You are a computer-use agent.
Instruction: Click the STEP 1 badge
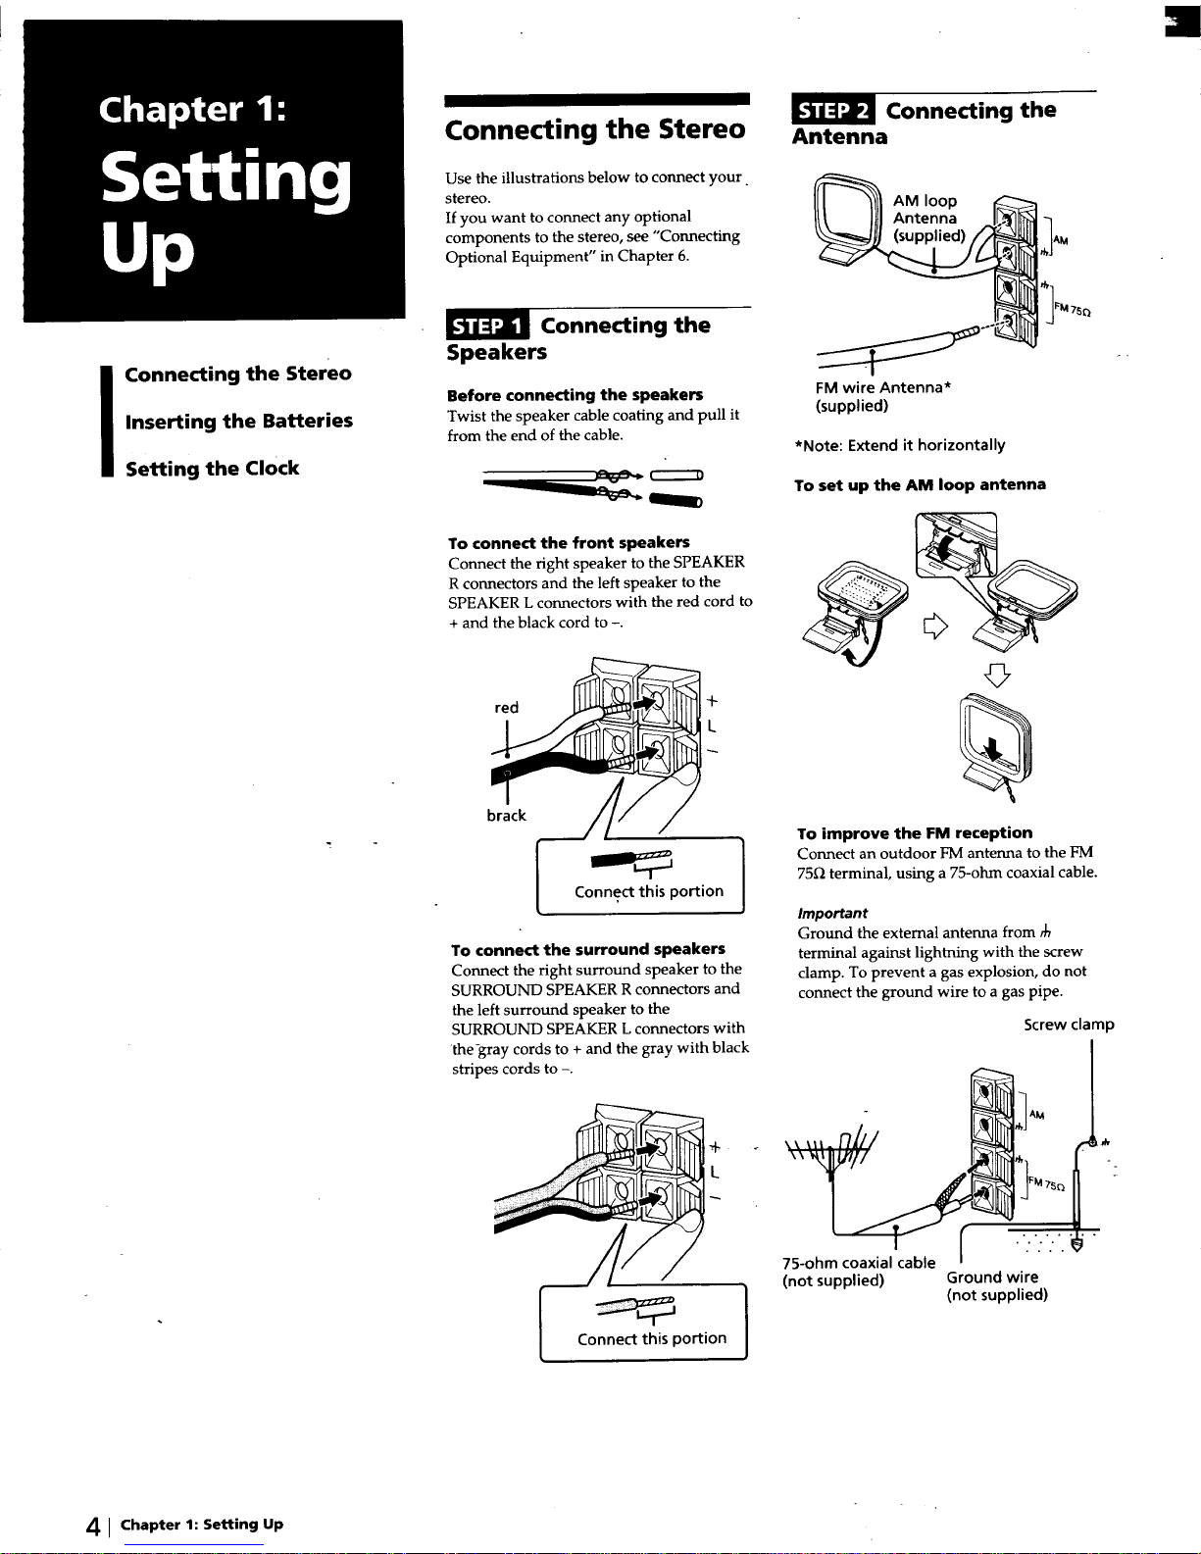click(x=487, y=326)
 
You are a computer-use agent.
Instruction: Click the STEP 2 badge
click(x=833, y=110)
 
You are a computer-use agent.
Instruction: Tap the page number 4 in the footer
click(x=93, y=1527)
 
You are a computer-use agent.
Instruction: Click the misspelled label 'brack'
click(x=506, y=816)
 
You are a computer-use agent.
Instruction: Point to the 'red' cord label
click(x=506, y=707)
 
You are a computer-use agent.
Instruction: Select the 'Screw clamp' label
click(x=1069, y=1025)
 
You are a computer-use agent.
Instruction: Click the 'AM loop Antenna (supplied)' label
click(x=928, y=218)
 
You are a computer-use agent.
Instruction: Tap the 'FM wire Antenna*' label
click(x=883, y=387)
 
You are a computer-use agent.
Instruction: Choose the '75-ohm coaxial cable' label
click(x=859, y=1262)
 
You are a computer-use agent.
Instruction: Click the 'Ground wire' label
click(x=992, y=1277)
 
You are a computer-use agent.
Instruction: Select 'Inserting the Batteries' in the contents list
click(x=239, y=421)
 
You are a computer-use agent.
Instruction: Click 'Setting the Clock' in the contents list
click(x=213, y=469)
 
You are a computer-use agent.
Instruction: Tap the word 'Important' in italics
click(x=832, y=913)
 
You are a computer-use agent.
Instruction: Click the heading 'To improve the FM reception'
click(x=915, y=832)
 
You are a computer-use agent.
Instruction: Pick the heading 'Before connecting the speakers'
click(x=575, y=395)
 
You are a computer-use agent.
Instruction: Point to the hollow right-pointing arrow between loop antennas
click(x=935, y=627)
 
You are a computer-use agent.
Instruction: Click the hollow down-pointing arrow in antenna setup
click(x=997, y=676)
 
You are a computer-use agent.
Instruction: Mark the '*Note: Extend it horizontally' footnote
click(x=900, y=445)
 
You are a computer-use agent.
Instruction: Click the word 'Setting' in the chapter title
click(x=225, y=178)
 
